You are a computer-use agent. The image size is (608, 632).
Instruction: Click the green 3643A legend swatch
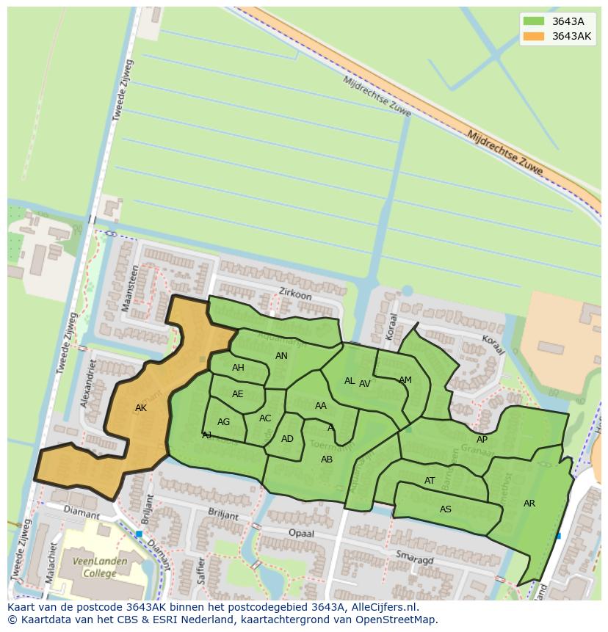pos(534,21)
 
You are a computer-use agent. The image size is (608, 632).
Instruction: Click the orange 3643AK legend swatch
pos(534,36)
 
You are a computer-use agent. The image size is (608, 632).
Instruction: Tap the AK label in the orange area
pos(141,408)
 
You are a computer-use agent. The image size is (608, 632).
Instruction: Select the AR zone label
pos(529,504)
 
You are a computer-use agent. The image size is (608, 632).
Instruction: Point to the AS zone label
pos(446,509)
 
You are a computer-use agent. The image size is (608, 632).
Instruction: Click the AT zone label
pos(430,482)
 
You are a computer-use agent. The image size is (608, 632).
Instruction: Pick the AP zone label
pos(482,440)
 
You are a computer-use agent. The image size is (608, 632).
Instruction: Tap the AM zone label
pos(405,380)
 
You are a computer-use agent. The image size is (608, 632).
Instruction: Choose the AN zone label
pos(281,356)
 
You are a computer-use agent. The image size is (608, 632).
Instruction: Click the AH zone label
pos(238,368)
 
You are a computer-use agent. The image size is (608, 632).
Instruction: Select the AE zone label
pos(237,394)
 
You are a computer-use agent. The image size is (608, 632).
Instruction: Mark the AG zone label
pos(224,422)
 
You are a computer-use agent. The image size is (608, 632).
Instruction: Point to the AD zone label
pos(287,439)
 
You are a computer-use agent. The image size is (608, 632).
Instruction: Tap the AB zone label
pos(327,460)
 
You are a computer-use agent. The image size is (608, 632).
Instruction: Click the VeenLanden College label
pos(99,567)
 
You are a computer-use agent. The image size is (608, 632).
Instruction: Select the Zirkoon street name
pos(295,294)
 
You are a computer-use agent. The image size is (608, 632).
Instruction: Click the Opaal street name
pos(301,532)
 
